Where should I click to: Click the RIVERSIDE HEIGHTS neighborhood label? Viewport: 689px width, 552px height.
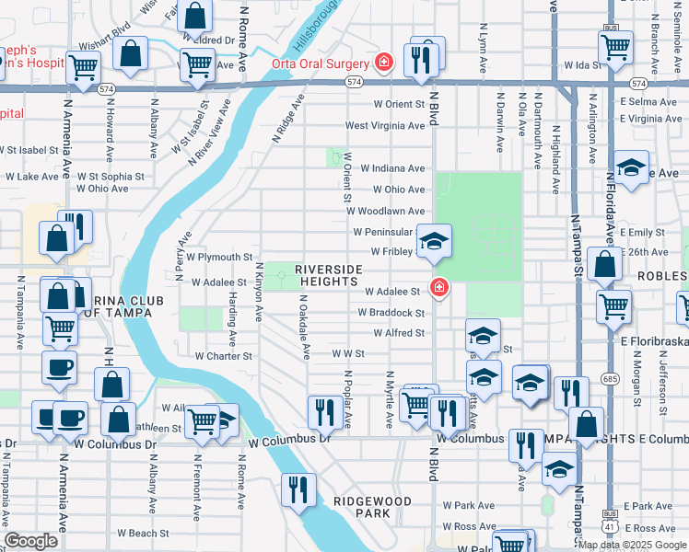coord(329,276)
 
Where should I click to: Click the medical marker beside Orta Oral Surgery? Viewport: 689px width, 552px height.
coord(383,63)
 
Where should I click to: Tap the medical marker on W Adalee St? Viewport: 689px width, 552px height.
coord(439,287)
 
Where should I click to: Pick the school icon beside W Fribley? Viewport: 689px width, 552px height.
coord(434,241)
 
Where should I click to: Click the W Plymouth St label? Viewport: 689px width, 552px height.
coord(218,257)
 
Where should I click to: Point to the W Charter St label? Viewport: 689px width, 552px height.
coord(223,355)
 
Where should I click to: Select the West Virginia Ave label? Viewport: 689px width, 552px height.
coord(385,125)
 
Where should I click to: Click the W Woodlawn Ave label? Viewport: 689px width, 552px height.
coord(385,211)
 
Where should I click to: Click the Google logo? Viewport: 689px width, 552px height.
coord(31,541)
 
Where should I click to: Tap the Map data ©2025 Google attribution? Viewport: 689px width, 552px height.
coord(632,545)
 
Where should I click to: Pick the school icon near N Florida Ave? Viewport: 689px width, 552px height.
coord(631,168)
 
